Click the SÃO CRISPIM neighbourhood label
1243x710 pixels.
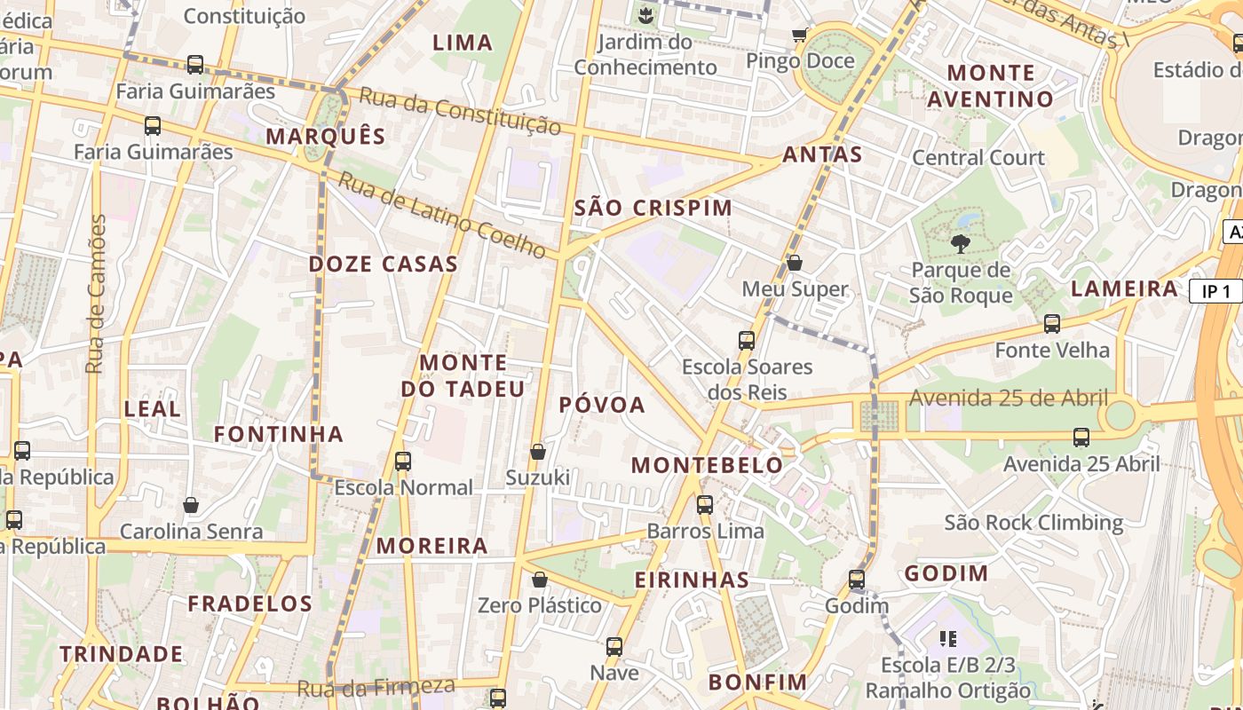coord(653,208)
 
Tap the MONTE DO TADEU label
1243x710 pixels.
coord(463,375)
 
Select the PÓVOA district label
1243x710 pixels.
coord(602,405)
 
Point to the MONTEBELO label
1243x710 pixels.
coord(707,465)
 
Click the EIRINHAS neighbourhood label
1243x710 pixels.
coord(692,580)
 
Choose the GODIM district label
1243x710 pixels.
coord(946,573)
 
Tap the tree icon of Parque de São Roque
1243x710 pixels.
coord(960,244)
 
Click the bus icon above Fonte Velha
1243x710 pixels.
coord(1052,324)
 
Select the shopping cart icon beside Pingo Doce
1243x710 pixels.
coord(799,35)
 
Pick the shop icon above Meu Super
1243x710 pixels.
coord(795,264)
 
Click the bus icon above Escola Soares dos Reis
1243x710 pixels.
coord(747,341)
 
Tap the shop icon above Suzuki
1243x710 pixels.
coord(537,453)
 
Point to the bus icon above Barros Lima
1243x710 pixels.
coord(705,505)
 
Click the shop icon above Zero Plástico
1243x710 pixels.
coord(539,580)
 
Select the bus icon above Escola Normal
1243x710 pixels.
coord(403,461)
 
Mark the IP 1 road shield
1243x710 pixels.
coord(1215,292)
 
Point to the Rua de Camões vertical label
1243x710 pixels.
coord(96,293)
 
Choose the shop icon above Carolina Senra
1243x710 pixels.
coord(191,506)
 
